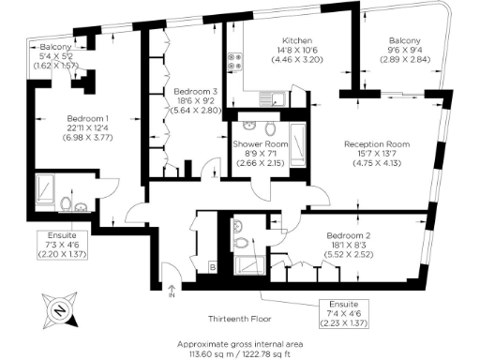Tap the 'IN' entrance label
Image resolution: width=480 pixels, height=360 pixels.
click(171, 296)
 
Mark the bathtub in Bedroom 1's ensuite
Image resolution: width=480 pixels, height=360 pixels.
click(45, 192)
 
